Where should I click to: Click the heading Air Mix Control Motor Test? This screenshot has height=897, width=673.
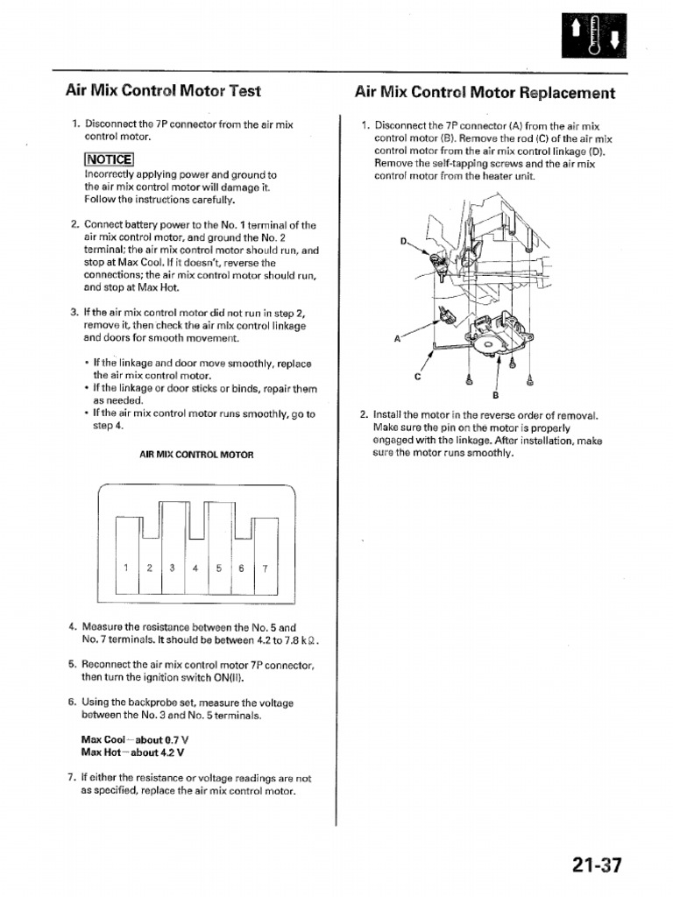click(x=163, y=90)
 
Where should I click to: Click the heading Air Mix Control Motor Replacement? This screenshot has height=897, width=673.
click(x=485, y=92)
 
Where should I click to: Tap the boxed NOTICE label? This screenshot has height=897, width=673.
click(x=109, y=159)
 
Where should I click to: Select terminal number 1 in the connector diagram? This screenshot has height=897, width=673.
click(x=126, y=568)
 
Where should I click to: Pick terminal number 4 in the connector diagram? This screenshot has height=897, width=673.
click(x=195, y=568)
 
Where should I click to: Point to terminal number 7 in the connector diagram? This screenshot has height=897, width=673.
click(x=264, y=568)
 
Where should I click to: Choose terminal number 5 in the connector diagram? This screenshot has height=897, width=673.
click(x=218, y=568)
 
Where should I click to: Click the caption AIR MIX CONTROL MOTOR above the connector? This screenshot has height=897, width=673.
click(x=196, y=455)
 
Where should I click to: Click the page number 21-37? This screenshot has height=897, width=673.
click(x=597, y=865)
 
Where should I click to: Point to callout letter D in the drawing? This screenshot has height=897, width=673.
click(x=403, y=241)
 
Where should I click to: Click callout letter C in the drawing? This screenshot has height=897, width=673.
click(x=417, y=376)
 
